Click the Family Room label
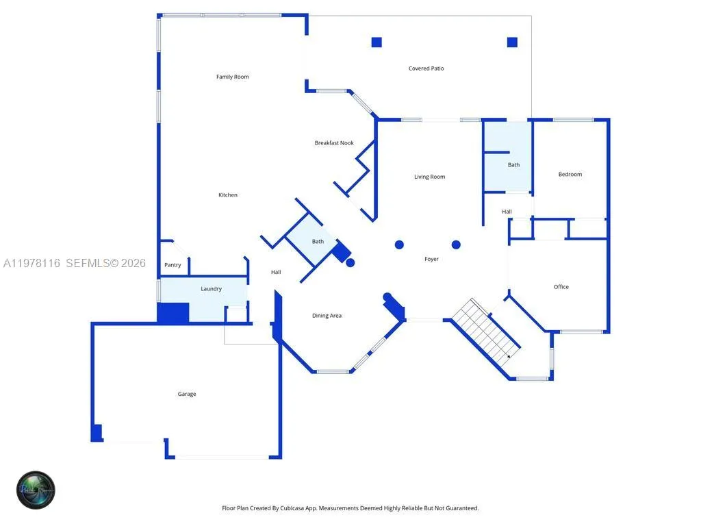tap(232, 77)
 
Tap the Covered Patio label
tap(426, 68)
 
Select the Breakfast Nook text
tap(334, 143)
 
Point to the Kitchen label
tap(228, 195)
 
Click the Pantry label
tap(173, 265)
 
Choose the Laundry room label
tap(211, 289)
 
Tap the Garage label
tap(187, 394)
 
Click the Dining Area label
tap(327, 316)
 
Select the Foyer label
tap(431, 259)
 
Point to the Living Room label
tap(429, 177)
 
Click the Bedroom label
tap(570, 175)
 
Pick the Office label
tap(561, 287)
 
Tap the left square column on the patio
tap(376, 42)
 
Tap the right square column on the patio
tap(512, 42)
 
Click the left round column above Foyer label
tap(399, 245)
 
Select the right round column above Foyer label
tap(456, 245)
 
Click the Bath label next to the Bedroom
tap(513, 165)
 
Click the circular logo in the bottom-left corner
tap(36, 490)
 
